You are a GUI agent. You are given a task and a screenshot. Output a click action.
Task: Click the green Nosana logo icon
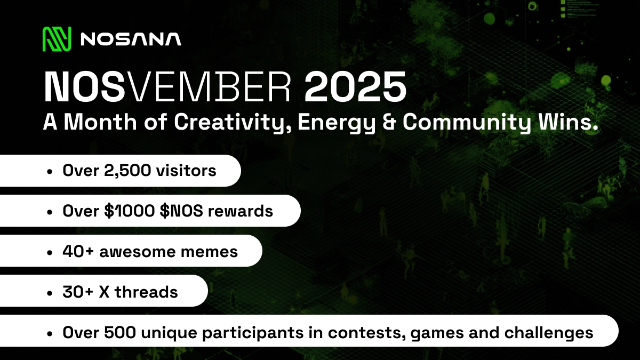pos(57,38)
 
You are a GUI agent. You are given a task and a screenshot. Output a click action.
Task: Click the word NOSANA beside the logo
pos(130,39)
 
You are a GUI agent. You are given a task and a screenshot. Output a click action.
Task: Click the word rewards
pos(241,211)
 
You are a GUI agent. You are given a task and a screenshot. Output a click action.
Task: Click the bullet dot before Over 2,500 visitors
pos(50,172)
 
